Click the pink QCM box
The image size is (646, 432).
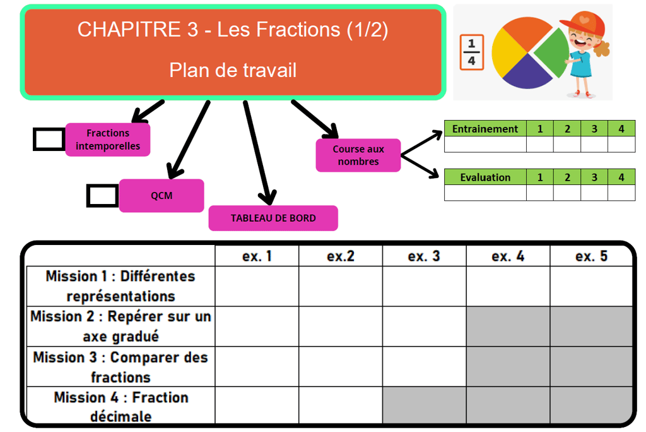click(x=161, y=196)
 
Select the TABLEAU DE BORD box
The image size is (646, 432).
click(x=273, y=219)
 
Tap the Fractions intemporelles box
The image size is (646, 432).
click(x=108, y=140)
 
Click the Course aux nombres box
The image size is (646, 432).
click(x=358, y=155)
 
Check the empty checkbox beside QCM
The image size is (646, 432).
click(x=102, y=196)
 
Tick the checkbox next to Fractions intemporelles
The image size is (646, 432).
click(x=49, y=140)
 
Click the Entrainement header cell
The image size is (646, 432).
click(x=485, y=129)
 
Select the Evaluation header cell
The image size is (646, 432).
click(x=485, y=177)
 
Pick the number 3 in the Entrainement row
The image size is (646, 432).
click(x=594, y=129)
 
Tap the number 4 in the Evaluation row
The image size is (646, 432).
click(x=621, y=177)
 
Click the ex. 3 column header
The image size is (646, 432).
click(x=424, y=256)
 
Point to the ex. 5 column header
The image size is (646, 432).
click(x=591, y=256)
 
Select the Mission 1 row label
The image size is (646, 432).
click(x=120, y=286)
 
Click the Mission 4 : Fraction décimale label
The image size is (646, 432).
click(x=120, y=407)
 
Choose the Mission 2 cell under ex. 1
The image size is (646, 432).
click(x=257, y=327)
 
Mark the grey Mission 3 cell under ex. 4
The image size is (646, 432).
click(x=508, y=367)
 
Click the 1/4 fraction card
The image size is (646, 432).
click(x=472, y=52)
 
